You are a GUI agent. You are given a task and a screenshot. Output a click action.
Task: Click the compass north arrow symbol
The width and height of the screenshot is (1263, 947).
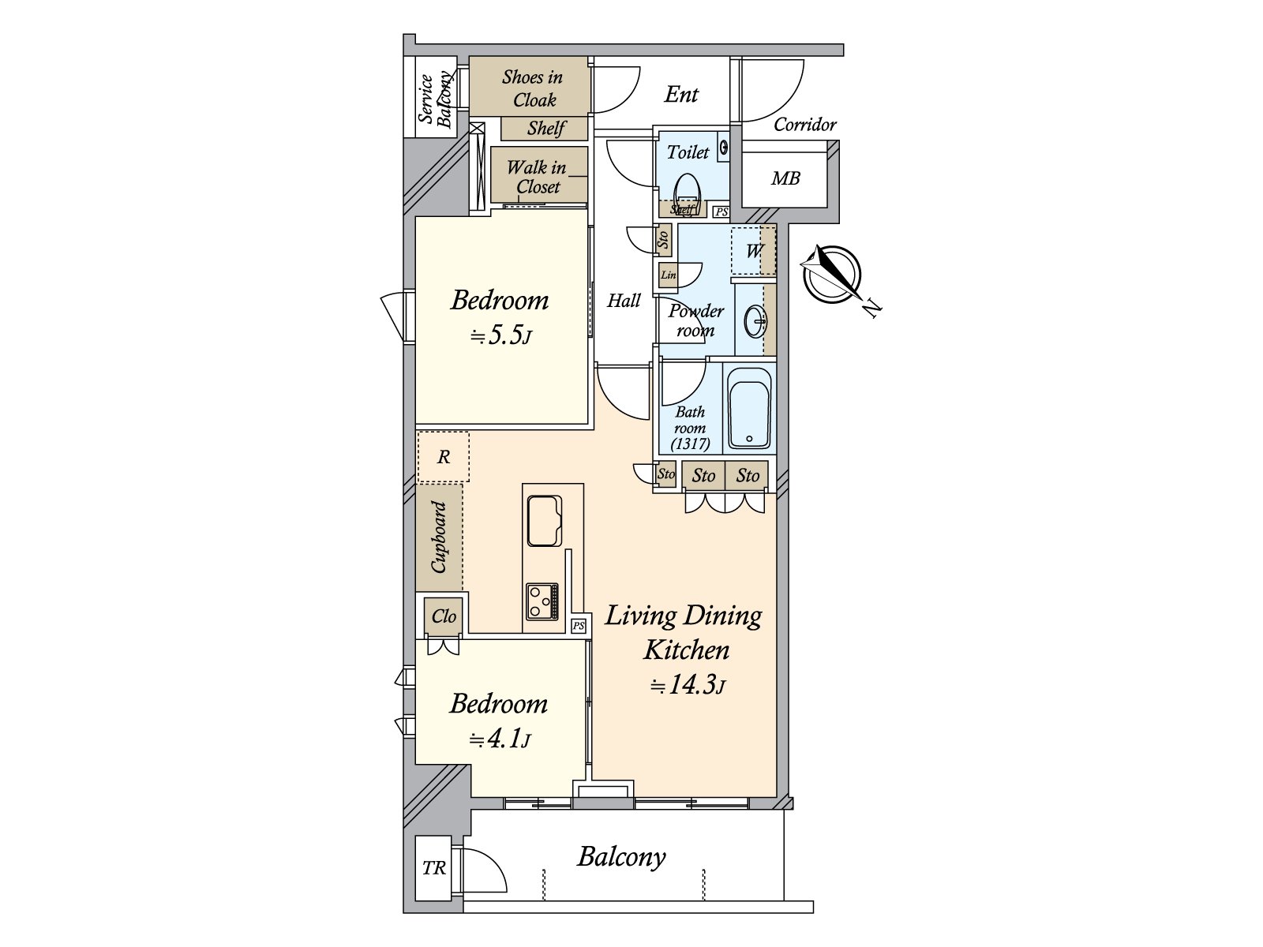[833, 275]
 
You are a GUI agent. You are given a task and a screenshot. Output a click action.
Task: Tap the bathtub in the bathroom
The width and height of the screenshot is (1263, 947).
[749, 408]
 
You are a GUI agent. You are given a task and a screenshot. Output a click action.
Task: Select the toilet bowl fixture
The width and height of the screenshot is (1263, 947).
[687, 189]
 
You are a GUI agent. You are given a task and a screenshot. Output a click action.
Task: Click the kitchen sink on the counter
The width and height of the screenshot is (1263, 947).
[545, 521]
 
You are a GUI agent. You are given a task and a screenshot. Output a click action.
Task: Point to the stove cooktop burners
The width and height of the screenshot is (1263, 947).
[542, 602]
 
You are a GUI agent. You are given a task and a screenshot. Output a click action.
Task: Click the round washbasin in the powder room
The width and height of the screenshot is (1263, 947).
[755, 321]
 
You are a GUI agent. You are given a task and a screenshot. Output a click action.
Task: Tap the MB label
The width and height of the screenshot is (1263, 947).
[785, 179]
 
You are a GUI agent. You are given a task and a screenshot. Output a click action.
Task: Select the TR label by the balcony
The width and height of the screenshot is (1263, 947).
[434, 867]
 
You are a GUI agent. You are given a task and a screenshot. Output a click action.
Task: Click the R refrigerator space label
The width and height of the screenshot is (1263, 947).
[443, 457]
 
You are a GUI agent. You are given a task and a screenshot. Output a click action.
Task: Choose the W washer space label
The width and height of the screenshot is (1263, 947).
[754, 251]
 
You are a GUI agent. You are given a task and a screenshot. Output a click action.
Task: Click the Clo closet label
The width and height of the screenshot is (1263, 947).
[444, 616]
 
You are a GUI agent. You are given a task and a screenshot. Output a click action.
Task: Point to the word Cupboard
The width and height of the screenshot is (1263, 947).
[439, 537]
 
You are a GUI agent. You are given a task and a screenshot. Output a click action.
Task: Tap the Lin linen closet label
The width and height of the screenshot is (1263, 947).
[668, 275]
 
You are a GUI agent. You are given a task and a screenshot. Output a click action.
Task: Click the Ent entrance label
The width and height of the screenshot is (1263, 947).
[681, 94]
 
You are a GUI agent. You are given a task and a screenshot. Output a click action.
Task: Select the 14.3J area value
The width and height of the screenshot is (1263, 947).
[688, 685]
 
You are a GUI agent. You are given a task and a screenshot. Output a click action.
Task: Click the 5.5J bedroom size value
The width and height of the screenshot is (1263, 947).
[500, 335]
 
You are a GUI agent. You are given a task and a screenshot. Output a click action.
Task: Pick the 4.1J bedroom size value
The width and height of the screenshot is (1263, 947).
[500, 739]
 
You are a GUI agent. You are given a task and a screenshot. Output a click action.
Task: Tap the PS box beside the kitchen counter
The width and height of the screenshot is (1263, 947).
[579, 626]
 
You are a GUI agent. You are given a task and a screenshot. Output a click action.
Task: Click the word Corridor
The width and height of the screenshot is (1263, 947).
[805, 125]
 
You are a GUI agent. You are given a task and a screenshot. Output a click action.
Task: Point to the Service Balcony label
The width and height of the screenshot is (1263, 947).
[435, 99]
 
